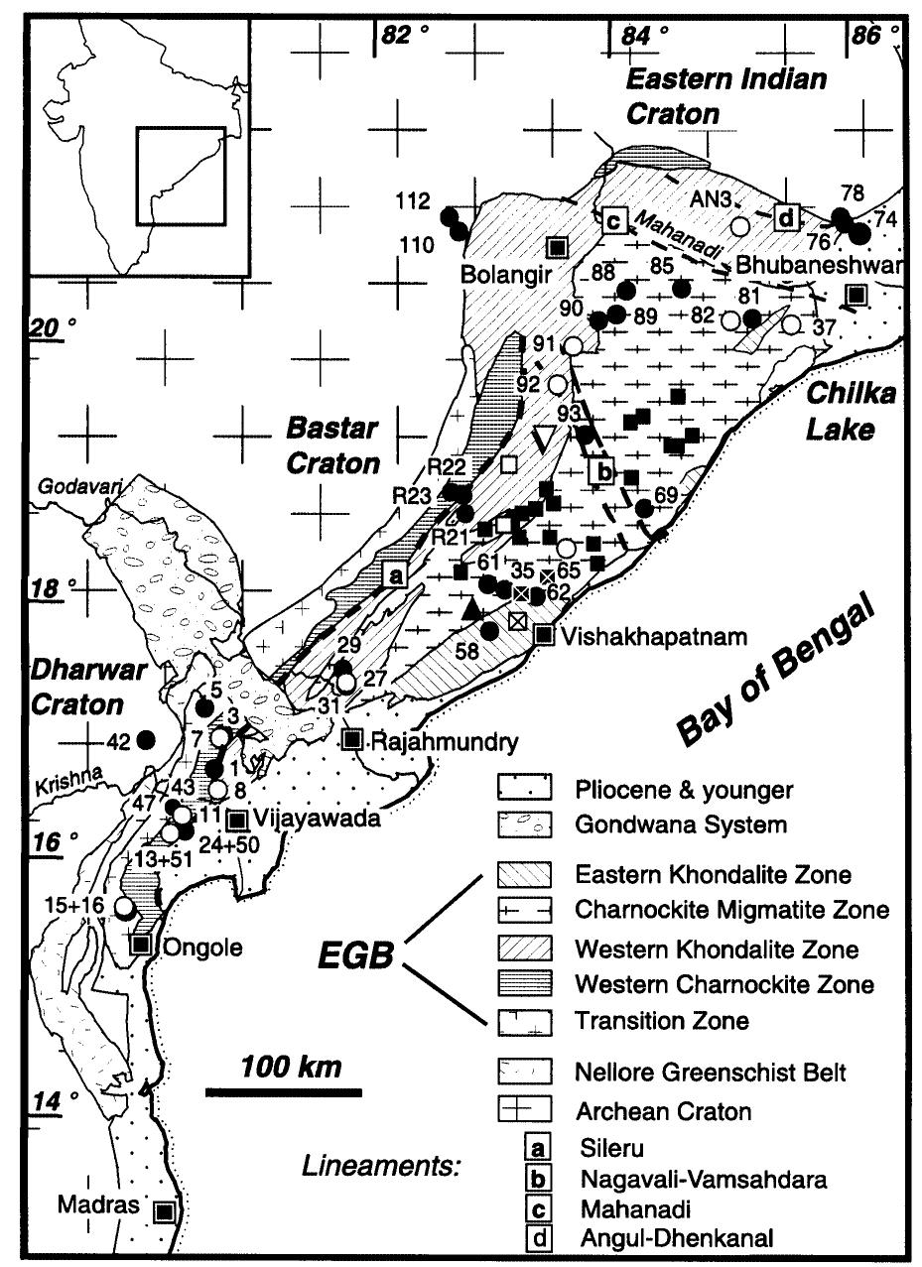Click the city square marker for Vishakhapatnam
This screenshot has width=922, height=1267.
[544, 635]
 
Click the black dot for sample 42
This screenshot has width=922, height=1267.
[146, 738]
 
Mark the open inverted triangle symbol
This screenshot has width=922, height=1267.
[544, 438]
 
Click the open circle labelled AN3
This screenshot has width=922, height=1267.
[739, 225]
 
